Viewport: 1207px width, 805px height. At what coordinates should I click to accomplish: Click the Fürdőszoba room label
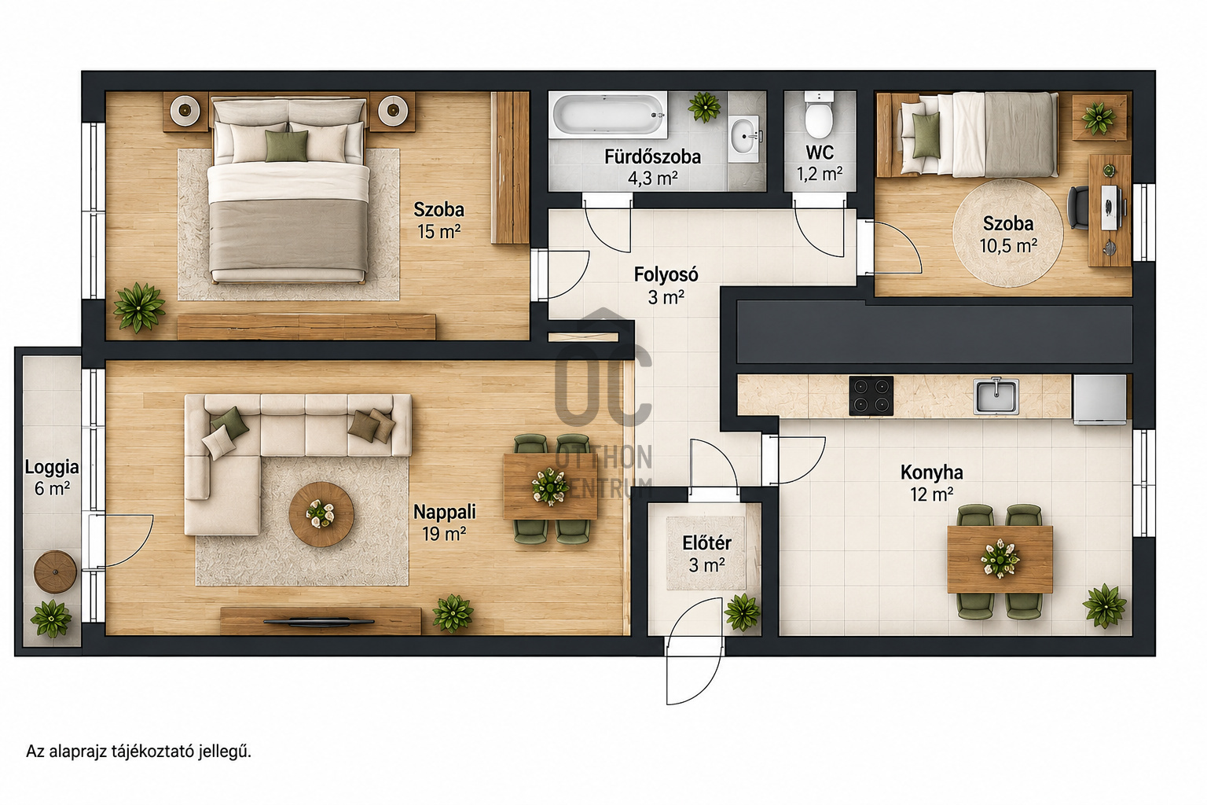[x=652, y=157]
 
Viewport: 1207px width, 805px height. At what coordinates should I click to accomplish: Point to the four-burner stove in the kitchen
[x=871, y=395]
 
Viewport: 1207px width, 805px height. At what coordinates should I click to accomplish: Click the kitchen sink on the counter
[x=996, y=395]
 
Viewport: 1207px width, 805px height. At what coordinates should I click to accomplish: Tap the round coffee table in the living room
[x=321, y=514]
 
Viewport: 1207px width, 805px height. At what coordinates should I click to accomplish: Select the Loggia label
[x=52, y=467]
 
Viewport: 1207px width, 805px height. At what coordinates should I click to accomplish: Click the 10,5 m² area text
[x=1008, y=246]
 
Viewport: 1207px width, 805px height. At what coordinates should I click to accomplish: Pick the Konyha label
[x=932, y=472]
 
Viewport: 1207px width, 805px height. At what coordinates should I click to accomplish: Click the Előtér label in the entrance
[x=707, y=543]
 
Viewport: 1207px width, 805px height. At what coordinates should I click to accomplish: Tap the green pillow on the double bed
[x=286, y=145]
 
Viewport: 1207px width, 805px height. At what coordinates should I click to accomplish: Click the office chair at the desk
[x=1079, y=208]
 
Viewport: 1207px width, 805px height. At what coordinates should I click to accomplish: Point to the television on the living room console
[x=319, y=622]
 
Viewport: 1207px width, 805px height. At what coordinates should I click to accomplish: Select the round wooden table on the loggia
[x=55, y=572]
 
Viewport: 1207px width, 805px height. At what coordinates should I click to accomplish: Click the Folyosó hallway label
[x=666, y=274]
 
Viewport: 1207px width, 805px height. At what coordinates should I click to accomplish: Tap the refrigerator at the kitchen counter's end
[x=1099, y=399]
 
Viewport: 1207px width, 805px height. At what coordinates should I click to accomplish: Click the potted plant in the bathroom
[x=704, y=106]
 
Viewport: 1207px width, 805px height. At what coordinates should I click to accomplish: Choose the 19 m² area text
[x=444, y=534]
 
